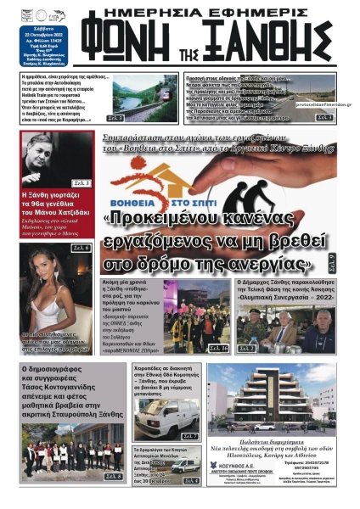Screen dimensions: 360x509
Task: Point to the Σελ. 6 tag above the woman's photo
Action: [x=81, y=248]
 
